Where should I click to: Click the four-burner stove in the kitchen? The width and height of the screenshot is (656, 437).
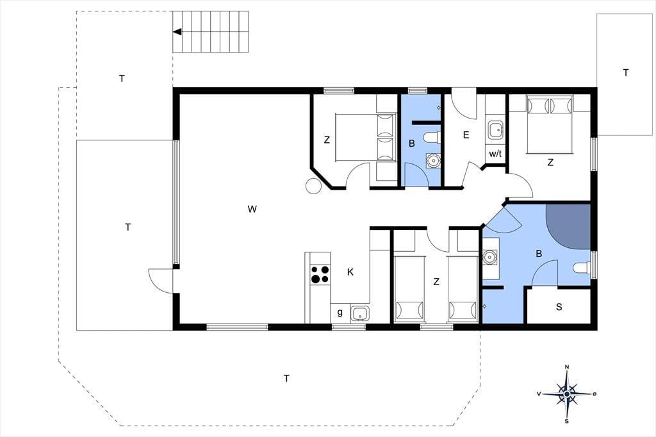(x=320, y=274)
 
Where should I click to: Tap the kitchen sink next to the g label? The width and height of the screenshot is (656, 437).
(x=360, y=313)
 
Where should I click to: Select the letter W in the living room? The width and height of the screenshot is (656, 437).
(x=252, y=209)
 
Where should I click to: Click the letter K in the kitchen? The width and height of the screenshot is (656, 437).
(x=350, y=272)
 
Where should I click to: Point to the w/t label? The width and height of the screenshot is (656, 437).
(x=495, y=154)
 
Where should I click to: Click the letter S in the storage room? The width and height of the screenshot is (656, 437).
(x=559, y=307)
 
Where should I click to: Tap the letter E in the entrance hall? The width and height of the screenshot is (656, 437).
(x=466, y=135)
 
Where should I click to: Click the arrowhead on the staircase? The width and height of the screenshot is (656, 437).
(x=177, y=32)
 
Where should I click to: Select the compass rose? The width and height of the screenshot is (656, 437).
(x=566, y=394)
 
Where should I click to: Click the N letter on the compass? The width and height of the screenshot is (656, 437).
(x=567, y=367)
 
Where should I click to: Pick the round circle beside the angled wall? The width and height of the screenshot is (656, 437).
(x=313, y=186)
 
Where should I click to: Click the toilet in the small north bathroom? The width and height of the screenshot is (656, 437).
(x=432, y=137)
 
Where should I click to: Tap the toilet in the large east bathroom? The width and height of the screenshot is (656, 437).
(x=581, y=268)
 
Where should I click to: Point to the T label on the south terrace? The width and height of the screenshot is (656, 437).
(x=286, y=379)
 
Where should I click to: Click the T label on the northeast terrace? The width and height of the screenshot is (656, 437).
(x=625, y=73)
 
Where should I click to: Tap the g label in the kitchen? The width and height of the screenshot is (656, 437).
(x=340, y=312)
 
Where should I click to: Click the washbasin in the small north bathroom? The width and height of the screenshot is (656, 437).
(x=433, y=160)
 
